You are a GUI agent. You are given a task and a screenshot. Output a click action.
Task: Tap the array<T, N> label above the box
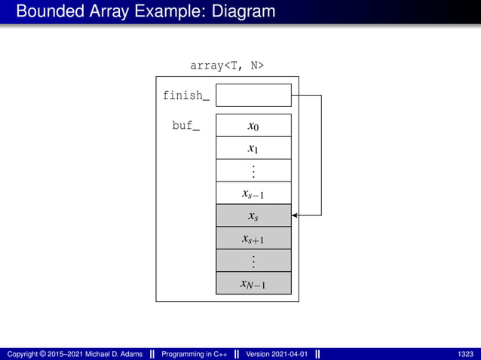pos(227,66)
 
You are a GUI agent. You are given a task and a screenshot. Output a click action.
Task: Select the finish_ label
pos(185,96)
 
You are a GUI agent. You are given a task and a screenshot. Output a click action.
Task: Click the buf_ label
pos(186,126)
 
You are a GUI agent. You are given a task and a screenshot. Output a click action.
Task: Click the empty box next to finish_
pos(253,95)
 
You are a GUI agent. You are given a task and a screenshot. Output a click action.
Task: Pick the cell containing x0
pos(253,125)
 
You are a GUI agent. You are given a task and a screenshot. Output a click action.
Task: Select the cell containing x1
pos(253,148)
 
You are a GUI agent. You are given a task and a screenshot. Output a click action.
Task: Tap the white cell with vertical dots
pos(253,170)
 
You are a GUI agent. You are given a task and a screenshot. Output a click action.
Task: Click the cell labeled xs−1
pos(253,193)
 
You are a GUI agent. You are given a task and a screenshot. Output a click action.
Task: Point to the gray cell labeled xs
pos(253,215)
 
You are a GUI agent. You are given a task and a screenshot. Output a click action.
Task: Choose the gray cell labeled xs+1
pos(253,238)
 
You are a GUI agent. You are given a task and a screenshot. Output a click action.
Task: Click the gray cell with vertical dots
pos(253,261)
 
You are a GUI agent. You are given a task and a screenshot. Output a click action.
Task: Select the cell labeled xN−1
pos(253,283)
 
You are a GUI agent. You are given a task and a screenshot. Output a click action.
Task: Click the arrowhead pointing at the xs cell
pos(296,215)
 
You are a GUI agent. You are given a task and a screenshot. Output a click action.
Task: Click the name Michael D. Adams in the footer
pos(113,353)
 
